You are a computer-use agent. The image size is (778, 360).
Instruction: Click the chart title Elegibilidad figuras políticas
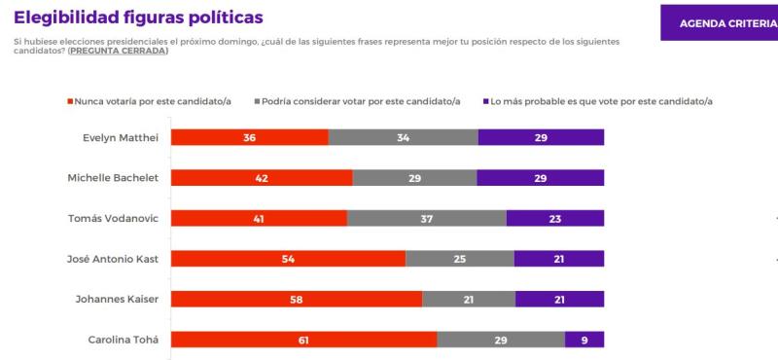click(137, 18)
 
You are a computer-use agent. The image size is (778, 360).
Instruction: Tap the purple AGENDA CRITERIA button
click(719, 22)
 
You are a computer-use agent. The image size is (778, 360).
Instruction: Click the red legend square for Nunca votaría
click(70, 100)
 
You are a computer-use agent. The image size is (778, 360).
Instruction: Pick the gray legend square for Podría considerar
click(256, 100)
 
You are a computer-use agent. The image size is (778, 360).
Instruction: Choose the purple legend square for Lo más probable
click(484, 100)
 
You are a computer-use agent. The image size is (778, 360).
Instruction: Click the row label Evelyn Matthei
click(120, 137)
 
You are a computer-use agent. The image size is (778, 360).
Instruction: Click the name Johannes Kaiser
click(119, 299)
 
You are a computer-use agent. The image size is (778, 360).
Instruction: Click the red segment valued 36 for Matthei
click(249, 137)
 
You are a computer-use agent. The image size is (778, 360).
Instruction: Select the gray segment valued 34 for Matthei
click(403, 137)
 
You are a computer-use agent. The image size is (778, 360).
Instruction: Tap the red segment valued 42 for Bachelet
click(262, 177)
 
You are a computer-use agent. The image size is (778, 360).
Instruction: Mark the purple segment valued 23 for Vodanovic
click(554, 218)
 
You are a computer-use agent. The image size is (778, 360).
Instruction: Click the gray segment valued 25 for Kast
click(459, 258)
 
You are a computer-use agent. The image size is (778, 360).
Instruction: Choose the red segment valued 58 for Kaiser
click(297, 299)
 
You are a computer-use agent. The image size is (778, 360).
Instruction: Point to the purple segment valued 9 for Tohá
click(584, 339)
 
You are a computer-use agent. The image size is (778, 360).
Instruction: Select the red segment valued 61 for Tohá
click(303, 339)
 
